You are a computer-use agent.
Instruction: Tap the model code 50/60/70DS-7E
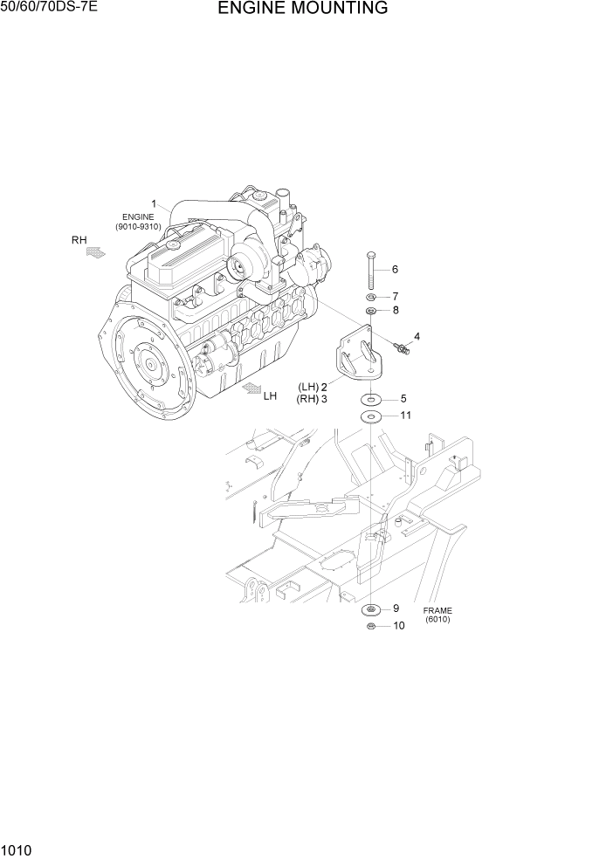click(51, 10)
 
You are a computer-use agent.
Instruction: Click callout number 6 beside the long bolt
click(395, 269)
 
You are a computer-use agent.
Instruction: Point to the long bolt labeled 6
click(372, 271)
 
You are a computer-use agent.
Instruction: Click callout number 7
click(395, 296)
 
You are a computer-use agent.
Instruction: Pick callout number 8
click(395, 310)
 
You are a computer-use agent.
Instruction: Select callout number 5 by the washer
click(403, 398)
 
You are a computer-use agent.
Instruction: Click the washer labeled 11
click(371, 417)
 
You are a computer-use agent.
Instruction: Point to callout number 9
click(395, 608)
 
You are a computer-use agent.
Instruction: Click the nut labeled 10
click(371, 625)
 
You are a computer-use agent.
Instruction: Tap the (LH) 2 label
click(313, 387)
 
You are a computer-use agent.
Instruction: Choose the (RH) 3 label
click(313, 400)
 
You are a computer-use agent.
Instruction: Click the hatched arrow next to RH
click(96, 252)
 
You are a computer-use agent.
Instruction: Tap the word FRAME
click(437, 610)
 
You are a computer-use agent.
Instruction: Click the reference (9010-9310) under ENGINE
click(138, 227)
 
